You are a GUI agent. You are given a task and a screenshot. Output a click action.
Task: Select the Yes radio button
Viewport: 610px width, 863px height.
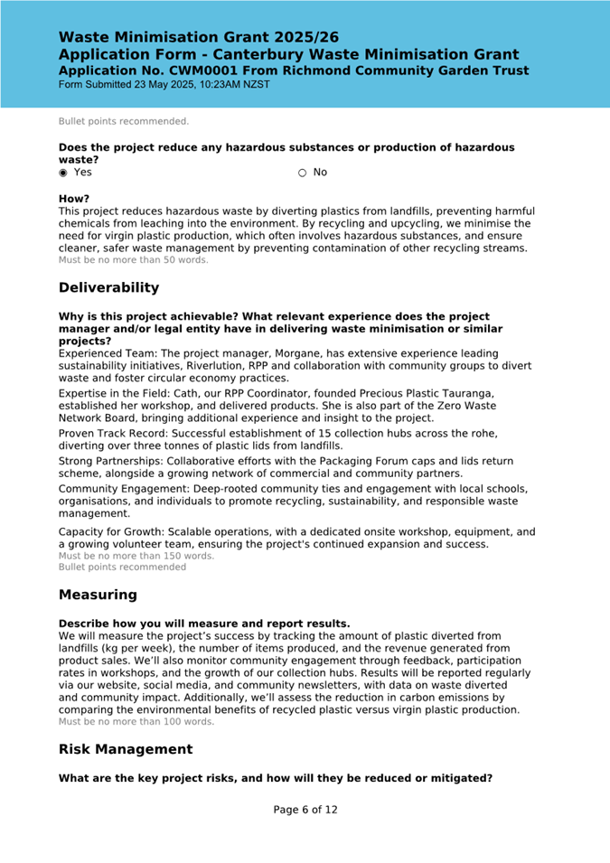coord(63,172)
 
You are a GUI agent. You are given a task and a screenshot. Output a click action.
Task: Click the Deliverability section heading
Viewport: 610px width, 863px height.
coord(108,287)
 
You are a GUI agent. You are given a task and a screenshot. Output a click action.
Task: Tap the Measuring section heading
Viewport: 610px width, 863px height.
coord(98,595)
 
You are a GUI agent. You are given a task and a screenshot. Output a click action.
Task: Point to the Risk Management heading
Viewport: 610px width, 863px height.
coord(126,749)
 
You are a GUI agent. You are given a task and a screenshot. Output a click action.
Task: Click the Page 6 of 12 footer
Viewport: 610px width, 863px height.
coord(305,810)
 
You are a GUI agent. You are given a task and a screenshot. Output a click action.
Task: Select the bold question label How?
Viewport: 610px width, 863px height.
coord(74,199)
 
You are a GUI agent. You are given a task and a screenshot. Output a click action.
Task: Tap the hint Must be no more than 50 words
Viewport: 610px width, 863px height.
coord(133,260)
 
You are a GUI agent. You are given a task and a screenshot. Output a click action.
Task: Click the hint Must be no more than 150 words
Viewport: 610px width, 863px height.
coord(136,557)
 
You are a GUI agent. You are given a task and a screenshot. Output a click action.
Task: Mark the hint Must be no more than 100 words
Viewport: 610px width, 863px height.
coord(136,722)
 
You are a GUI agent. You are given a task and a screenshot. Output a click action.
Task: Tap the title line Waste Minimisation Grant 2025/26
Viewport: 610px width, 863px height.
coord(199,37)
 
